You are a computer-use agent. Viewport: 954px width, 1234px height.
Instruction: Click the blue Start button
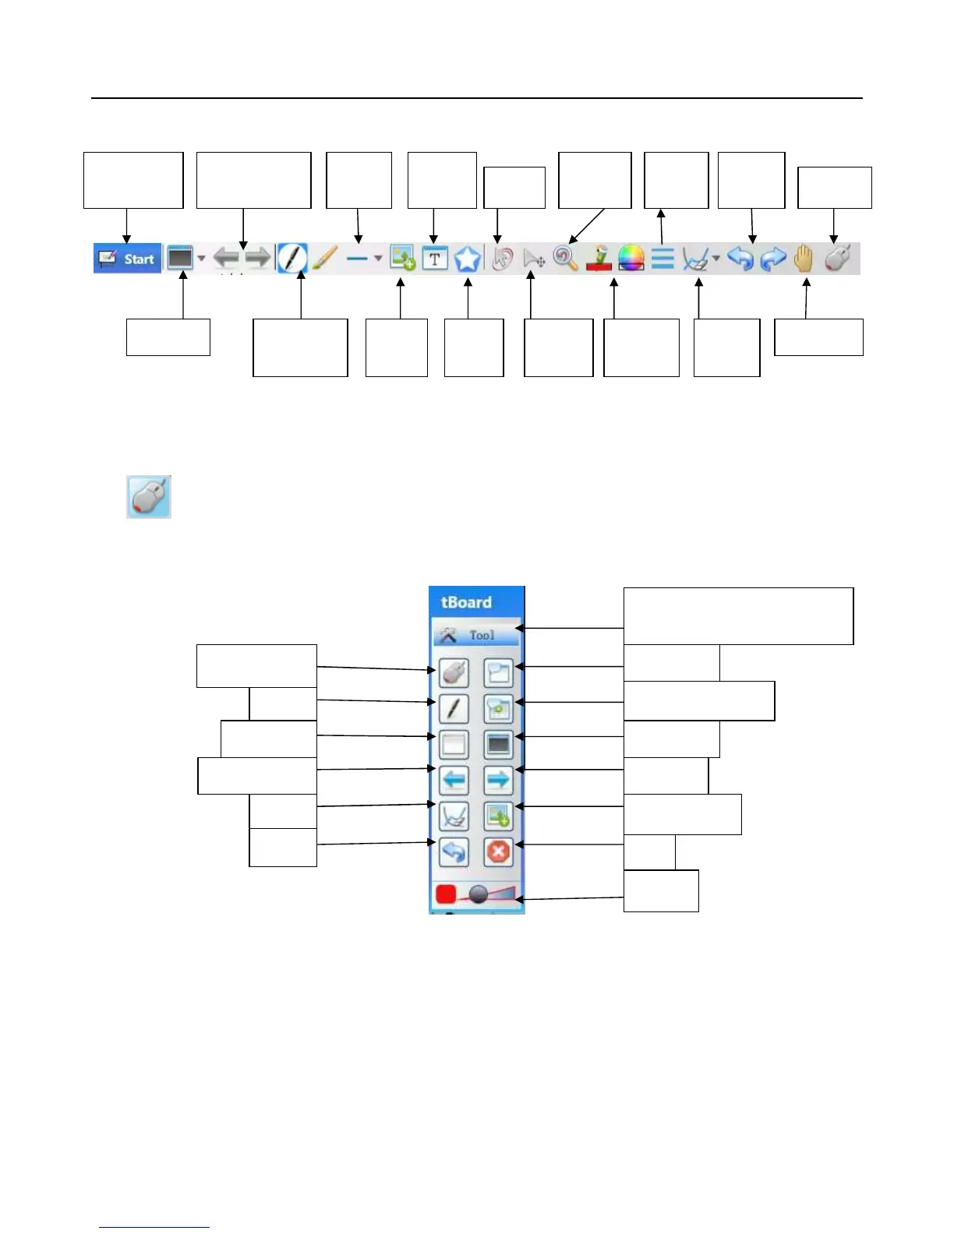(x=128, y=259)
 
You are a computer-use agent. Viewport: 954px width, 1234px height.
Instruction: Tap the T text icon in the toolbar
(x=435, y=259)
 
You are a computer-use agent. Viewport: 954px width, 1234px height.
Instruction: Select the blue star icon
(x=467, y=259)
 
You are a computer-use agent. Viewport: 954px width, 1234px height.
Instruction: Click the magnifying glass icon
(x=565, y=258)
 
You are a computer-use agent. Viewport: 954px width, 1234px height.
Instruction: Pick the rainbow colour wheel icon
(x=631, y=258)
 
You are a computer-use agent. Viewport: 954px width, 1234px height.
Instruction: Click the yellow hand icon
(x=804, y=258)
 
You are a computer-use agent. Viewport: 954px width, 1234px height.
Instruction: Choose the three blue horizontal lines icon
(x=662, y=258)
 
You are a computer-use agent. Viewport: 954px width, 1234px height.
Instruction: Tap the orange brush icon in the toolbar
(x=325, y=258)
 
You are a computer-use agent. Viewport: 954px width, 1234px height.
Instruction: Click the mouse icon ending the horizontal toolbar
(x=837, y=258)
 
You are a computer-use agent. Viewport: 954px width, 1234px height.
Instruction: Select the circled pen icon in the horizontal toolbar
(x=293, y=258)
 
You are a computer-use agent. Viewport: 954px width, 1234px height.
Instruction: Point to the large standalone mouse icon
(x=149, y=497)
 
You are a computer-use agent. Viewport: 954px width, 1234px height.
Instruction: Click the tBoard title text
(x=466, y=602)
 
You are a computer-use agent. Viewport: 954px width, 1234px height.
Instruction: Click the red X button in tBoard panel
(x=498, y=851)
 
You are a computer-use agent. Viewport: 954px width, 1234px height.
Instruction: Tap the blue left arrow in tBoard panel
(x=454, y=779)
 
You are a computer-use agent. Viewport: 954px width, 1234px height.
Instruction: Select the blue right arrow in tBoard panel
(x=498, y=779)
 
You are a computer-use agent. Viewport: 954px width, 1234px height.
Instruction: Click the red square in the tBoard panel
(x=446, y=894)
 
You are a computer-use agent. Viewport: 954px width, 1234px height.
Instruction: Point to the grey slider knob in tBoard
(x=479, y=895)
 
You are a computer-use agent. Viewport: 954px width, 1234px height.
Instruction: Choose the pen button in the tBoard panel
(x=454, y=708)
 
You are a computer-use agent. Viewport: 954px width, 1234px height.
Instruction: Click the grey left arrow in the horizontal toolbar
(x=226, y=258)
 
